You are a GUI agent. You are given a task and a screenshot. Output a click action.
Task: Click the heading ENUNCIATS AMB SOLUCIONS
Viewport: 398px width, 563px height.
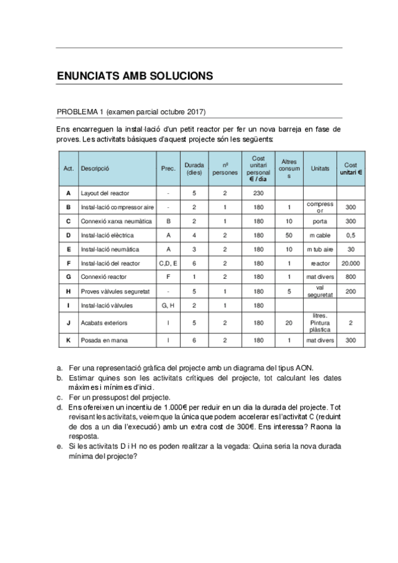point(135,76)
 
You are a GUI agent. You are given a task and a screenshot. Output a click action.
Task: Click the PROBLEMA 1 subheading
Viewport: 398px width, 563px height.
point(131,111)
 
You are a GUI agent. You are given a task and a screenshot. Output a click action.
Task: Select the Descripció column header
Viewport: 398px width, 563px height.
point(95,169)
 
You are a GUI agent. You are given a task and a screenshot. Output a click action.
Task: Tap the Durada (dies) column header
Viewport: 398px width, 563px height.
point(194,169)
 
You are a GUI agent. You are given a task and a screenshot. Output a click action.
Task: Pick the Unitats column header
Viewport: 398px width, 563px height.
point(320,169)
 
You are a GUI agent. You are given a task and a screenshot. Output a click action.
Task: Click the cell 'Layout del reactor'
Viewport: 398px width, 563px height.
point(105,193)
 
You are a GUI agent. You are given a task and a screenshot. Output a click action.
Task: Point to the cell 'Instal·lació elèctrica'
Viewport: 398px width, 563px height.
point(107,235)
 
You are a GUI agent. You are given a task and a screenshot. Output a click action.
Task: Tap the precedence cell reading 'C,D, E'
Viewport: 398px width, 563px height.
point(169,264)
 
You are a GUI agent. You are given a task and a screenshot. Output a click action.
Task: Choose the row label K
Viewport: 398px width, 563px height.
point(68,341)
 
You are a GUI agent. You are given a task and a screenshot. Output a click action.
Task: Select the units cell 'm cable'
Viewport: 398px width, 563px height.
point(320,235)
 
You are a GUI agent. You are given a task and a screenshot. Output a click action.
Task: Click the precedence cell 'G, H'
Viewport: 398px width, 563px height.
point(169,305)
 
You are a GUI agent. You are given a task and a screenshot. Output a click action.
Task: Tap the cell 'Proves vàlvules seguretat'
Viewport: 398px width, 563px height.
point(115,291)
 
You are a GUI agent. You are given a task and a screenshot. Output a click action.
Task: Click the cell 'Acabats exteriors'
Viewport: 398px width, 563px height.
point(104,323)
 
